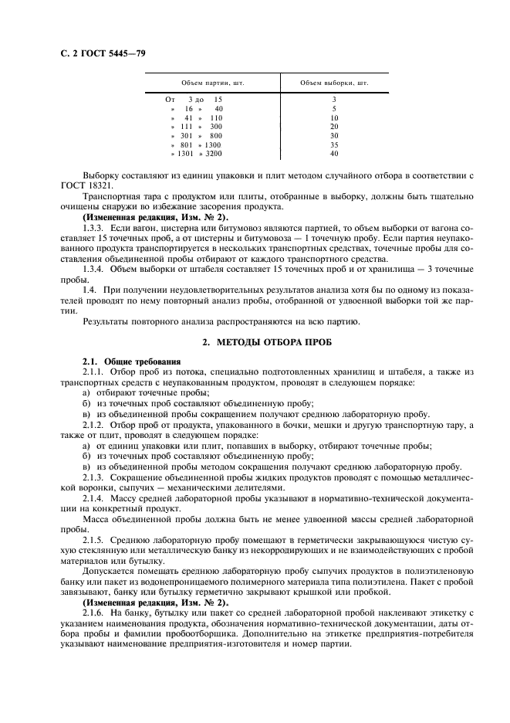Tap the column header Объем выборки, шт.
334,82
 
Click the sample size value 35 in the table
334,144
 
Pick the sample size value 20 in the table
334,126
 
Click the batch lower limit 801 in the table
184,144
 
